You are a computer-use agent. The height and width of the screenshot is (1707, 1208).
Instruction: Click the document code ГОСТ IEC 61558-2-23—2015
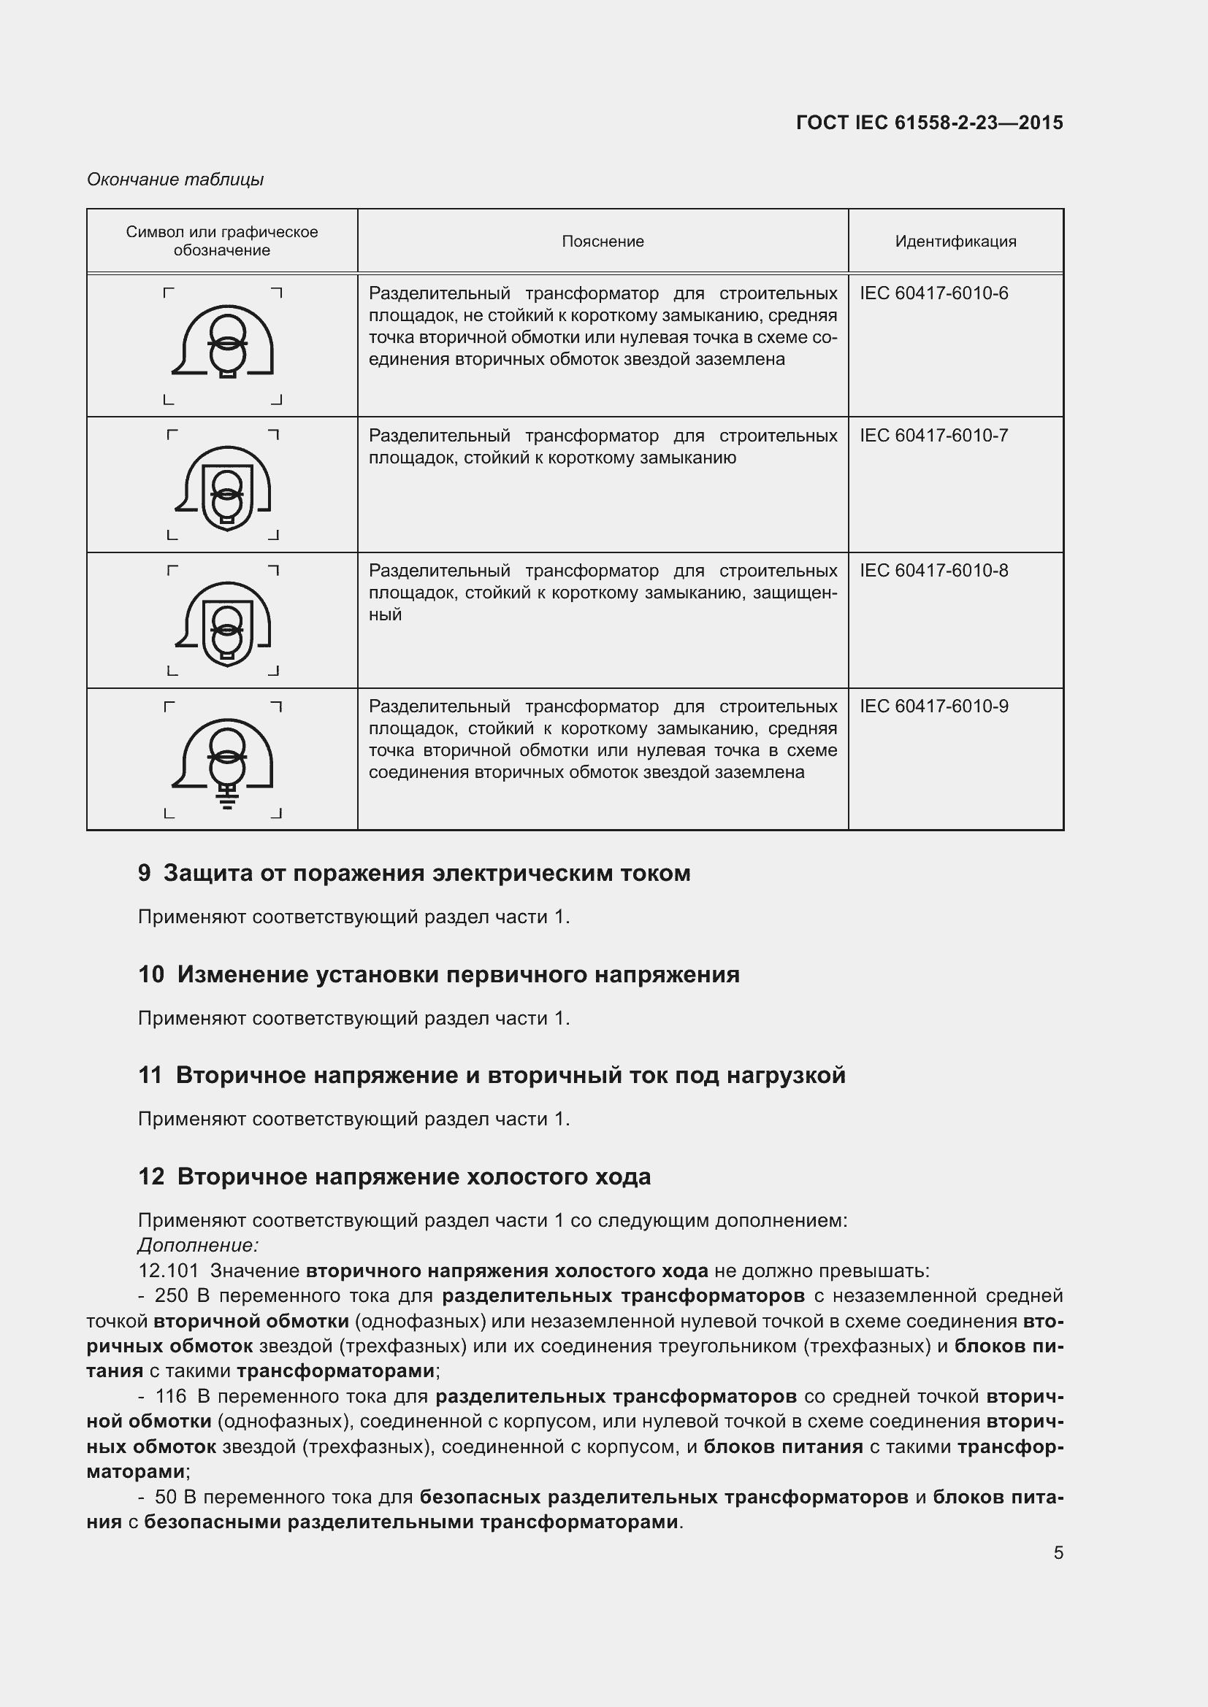(929, 123)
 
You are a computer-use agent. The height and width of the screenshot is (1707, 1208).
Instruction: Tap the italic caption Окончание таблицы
(175, 180)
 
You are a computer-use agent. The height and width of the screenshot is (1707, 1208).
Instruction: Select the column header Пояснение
(603, 241)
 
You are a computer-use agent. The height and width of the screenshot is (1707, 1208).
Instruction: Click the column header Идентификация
(955, 241)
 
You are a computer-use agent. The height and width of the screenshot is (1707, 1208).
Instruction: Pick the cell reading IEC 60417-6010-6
(933, 293)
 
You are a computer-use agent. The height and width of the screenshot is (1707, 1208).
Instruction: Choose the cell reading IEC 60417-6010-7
(933, 436)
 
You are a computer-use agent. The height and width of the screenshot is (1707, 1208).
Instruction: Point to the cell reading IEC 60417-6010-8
(933, 571)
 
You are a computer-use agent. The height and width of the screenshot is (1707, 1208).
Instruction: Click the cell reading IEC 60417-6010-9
(933, 706)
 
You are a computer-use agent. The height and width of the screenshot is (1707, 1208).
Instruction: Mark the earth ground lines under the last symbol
(228, 801)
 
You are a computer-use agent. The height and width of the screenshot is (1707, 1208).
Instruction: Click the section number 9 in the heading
(145, 873)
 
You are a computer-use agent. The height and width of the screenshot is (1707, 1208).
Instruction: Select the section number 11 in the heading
(150, 1075)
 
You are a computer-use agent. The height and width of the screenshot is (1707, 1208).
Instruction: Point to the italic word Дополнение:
(198, 1244)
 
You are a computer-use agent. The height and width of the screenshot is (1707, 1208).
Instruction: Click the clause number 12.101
(169, 1271)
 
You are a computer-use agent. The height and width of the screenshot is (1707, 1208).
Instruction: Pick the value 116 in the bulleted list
(171, 1396)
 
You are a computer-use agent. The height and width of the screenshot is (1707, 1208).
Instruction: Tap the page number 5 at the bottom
(1058, 1552)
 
